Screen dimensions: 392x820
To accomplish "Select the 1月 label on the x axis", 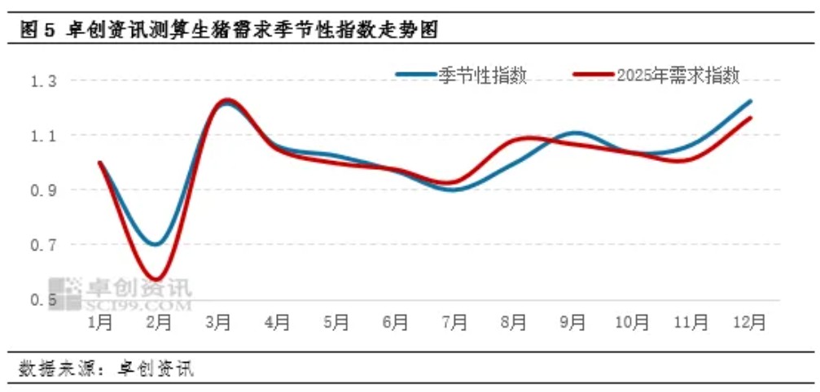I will pyautogui.click(x=100, y=323).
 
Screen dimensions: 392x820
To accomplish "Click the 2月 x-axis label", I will pyautogui.click(x=159, y=323).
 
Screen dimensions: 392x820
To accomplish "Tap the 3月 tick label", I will pyautogui.click(x=218, y=323).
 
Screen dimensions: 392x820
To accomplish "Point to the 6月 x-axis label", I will pyautogui.click(x=396, y=323).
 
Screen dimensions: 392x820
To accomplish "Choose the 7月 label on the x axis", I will pyautogui.click(x=454, y=323).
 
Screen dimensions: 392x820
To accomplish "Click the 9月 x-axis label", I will pyautogui.click(x=572, y=323).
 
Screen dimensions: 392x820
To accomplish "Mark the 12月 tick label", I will pyautogui.click(x=750, y=323).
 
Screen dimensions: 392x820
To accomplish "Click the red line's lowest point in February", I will pyautogui.click(x=157, y=279).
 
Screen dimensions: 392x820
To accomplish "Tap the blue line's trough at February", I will pyautogui.click(x=156, y=244).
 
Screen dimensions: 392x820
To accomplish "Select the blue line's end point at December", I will pyautogui.click(x=750, y=102).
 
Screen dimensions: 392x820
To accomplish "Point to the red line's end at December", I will pyautogui.click(x=750, y=118).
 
